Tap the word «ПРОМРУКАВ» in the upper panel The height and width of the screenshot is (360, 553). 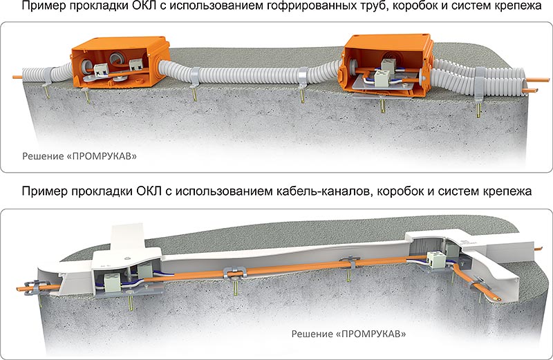[x=104, y=156]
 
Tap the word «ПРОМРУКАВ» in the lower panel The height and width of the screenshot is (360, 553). [x=373, y=334]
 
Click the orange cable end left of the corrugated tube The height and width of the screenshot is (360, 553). [x=17, y=77]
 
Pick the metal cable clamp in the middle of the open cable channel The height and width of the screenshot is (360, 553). [x=235, y=272]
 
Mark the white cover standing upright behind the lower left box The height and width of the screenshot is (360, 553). [x=127, y=236]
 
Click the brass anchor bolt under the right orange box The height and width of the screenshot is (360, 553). [x=383, y=106]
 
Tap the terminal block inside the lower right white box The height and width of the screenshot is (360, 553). [x=437, y=260]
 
